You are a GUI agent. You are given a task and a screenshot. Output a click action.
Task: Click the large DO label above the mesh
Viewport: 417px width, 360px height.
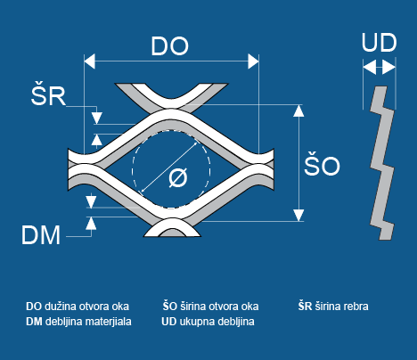[x=169, y=46]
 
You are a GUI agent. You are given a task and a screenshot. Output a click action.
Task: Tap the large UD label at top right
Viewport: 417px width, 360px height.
[x=379, y=43]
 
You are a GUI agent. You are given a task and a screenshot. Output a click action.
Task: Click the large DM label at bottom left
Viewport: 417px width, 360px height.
[x=41, y=235]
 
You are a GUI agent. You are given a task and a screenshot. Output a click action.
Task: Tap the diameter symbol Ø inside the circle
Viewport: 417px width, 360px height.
[x=178, y=177]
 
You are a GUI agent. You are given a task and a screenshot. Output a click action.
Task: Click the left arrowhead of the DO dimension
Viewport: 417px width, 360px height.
[x=90, y=61]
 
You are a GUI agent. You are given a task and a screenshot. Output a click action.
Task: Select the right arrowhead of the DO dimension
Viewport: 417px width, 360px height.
[x=253, y=61]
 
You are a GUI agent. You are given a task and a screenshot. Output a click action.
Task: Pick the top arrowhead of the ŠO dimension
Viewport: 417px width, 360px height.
[x=298, y=110]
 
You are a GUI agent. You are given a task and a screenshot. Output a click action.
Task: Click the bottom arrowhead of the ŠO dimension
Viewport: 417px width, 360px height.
[x=298, y=215]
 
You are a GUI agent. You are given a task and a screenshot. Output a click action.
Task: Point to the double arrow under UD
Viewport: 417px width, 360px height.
[x=380, y=67]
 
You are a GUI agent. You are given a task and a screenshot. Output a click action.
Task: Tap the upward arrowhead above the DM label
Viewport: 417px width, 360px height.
[x=91, y=223]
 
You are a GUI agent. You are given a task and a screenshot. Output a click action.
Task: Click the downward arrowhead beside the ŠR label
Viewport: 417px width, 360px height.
[x=97, y=118]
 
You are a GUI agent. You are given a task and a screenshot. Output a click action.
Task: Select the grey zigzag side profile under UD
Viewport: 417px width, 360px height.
[x=382, y=163]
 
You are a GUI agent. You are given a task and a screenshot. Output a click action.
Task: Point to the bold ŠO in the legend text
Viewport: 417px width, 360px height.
[x=170, y=306]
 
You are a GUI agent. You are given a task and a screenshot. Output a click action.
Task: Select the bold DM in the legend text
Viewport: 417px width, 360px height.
[x=34, y=322]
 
